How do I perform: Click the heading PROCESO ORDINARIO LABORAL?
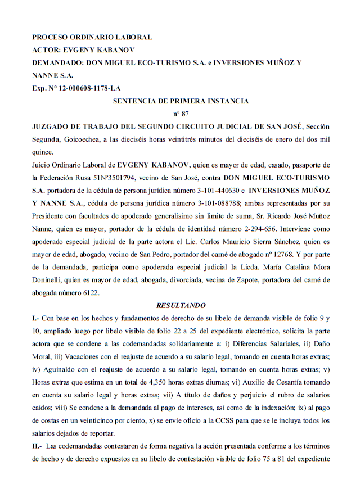click(x=92, y=37)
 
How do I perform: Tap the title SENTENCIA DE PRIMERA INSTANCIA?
click(x=181, y=101)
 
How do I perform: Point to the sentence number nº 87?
click(x=181, y=114)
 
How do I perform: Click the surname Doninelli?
click(x=50, y=279)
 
